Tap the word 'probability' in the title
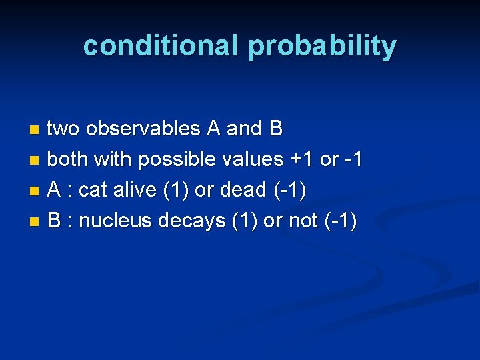point(322,47)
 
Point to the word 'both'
point(68,159)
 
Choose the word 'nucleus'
point(115,221)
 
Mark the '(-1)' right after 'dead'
point(290,190)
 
